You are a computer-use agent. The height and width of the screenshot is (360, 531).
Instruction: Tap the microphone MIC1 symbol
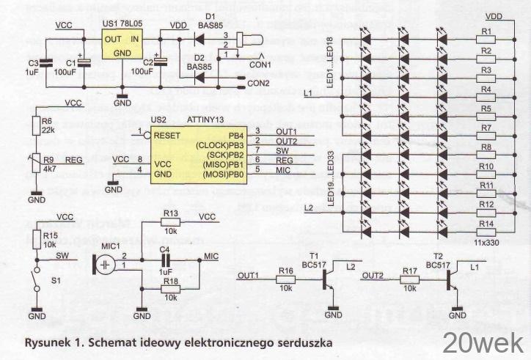point(106,262)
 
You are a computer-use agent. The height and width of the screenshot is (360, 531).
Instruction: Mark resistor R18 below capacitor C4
point(171,290)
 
